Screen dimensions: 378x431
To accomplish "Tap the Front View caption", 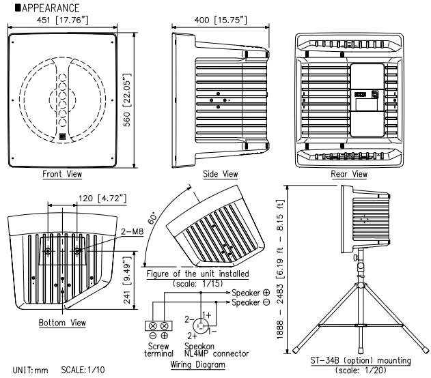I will pyautogui.click(x=61, y=175).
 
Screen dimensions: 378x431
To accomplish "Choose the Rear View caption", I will pyautogui.click(x=348, y=175).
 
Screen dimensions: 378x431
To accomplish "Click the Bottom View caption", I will pyautogui.click(x=62, y=321).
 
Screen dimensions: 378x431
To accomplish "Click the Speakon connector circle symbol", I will pyautogui.click(x=201, y=324).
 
